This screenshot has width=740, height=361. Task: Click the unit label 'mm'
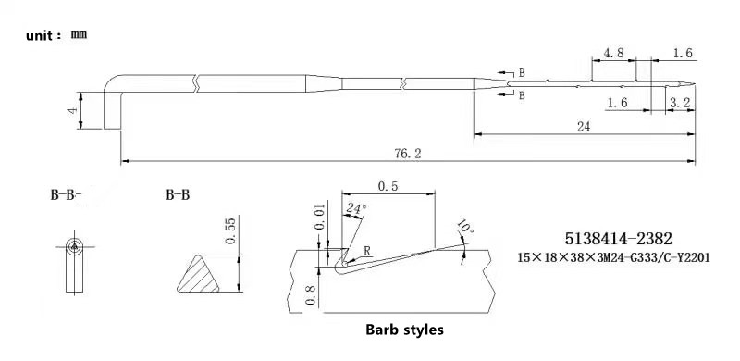(x=79, y=35)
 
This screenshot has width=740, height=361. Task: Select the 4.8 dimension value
(x=613, y=53)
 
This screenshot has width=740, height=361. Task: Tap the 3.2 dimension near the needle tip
(x=681, y=103)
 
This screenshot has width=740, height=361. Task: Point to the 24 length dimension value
(x=584, y=127)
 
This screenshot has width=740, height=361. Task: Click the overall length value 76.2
(x=408, y=154)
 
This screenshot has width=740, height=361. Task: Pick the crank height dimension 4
(x=72, y=110)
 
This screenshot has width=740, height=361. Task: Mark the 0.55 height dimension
(x=230, y=230)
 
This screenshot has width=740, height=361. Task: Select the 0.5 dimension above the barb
(x=388, y=186)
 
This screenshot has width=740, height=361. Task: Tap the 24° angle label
(x=355, y=208)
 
